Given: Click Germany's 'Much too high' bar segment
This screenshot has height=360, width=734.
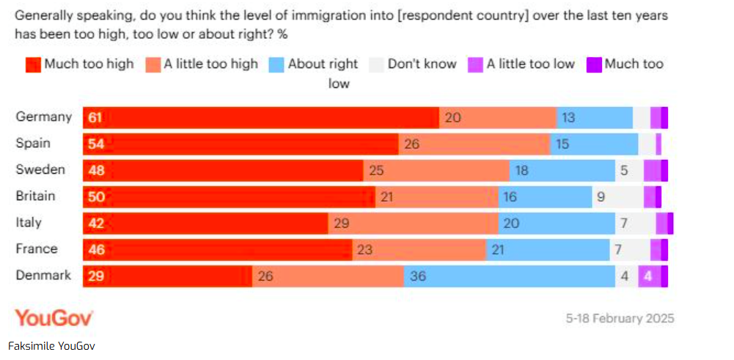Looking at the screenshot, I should pos(260,117).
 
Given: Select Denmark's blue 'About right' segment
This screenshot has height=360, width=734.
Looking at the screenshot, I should pos(509,276).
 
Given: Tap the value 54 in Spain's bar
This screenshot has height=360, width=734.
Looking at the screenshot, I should pos(96,144).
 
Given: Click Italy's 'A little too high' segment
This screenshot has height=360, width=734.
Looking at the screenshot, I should pos(412,223).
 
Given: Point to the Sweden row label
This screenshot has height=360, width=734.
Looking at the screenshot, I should pos(40,169).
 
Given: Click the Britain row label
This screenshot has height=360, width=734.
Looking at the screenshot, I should pos(35,196).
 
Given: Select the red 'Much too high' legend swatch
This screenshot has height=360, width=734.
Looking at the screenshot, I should pos(33,65).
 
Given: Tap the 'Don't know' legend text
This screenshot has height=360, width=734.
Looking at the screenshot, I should pos(422,65).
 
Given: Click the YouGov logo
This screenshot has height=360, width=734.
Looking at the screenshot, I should pos(54,318).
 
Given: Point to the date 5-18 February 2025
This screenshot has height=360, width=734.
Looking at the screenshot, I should pos(620,318).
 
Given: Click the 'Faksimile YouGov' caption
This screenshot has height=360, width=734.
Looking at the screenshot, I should pos(51,345).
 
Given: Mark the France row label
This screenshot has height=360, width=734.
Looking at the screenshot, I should pos(37,249).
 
